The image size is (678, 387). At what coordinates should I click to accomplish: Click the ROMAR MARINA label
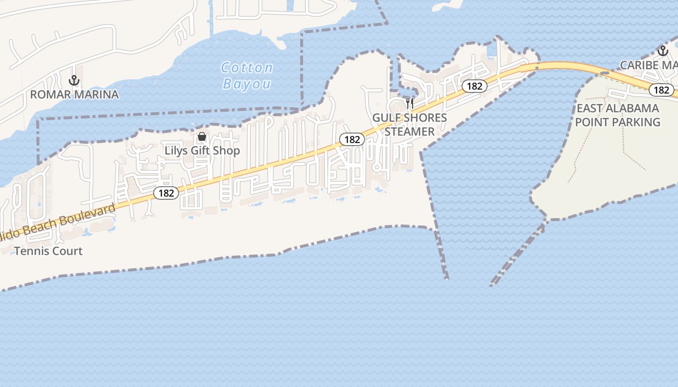point(74,94)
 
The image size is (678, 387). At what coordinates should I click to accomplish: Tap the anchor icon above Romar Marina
point(74,80)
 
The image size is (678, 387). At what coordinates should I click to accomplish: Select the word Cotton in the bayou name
point(247,68)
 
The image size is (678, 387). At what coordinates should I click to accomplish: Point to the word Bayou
point(247,84)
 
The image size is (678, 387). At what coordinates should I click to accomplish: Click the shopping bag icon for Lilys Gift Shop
point(202,137)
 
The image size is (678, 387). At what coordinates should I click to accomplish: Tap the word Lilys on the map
point(177,150)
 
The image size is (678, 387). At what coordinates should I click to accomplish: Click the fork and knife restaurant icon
point(410,103)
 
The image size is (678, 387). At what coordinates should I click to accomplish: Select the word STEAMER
point(410,132)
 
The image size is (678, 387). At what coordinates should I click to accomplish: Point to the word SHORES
point(426,118)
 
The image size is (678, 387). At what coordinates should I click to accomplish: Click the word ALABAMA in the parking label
point(635,108)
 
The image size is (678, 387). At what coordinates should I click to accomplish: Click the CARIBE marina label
point(639,65)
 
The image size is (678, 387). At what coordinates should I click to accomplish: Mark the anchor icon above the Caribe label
point(662,50)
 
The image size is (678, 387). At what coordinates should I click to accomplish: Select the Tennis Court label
point(48,251)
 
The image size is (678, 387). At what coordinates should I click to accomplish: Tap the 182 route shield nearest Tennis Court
point(166,193)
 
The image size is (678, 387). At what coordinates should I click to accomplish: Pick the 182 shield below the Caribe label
point(661,90)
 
